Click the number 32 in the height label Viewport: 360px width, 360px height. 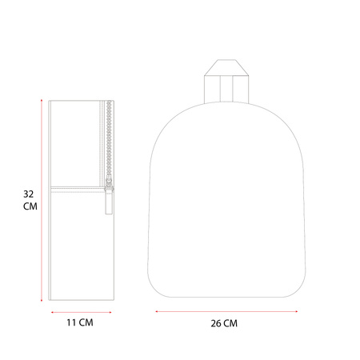[x=29, y=194]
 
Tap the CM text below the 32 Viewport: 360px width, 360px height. [x=30, y=206]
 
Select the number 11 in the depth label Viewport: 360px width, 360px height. [x=71, y=322]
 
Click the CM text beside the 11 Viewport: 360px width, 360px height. [x=86, y=322]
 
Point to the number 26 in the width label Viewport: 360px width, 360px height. [x=216, y=323]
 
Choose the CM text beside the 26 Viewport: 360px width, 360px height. [x=230, y=323]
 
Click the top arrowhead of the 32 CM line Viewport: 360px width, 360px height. [x=42, y=100]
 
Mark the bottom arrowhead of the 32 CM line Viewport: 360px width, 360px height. [x=42, y=301]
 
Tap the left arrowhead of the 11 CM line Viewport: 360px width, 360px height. [x=52, y=312]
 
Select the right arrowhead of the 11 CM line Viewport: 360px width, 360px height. [x=110, y=312]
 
